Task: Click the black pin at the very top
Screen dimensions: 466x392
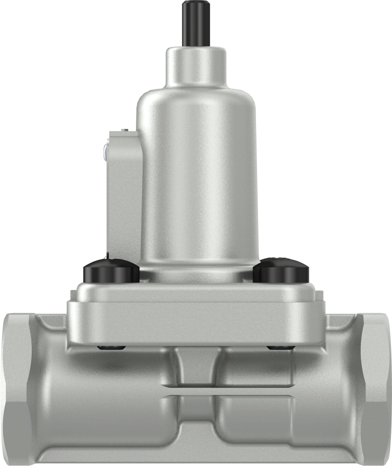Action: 195,23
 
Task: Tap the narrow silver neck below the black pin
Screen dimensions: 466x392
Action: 195,66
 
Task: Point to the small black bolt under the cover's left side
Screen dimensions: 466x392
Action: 111,348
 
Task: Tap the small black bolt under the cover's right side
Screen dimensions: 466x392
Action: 280,348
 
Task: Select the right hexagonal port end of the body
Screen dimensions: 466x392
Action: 376,389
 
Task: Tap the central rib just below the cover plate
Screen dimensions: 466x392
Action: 196,366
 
